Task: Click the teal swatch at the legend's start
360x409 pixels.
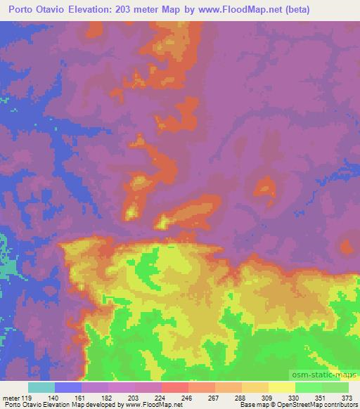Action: [x=41, y=387]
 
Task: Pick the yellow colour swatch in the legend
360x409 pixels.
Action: [x=281, y=387]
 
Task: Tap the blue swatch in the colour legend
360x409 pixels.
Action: [x=67, y=387]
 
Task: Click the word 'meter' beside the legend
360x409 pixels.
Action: [x=10, y=398]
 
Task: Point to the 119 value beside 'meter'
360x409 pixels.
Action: [x=28, y=398]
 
